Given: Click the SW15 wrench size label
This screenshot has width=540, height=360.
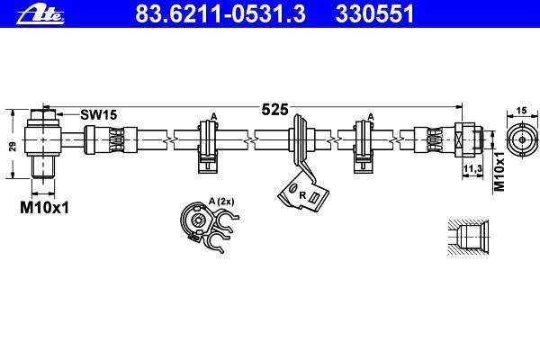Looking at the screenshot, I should coord(98,115).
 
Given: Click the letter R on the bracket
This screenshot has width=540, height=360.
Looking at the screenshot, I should coord(302,193).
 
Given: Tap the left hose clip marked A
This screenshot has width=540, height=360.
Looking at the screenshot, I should coord(207,144).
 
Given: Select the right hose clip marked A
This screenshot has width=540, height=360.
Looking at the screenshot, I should coord(364,144).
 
